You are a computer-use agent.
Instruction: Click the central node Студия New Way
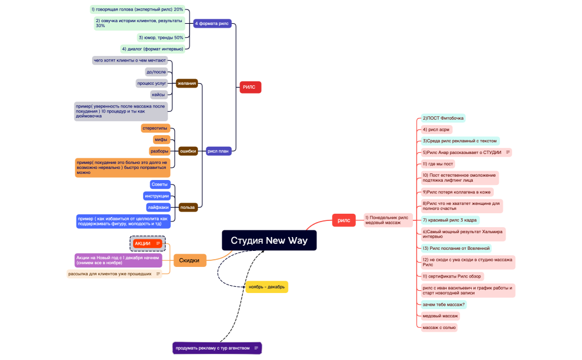[269, 240]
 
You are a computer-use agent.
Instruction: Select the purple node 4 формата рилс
[212, 24]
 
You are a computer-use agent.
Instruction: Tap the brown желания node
[187, 83]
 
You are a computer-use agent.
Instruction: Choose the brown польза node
[187, 207]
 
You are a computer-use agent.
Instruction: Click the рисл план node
[218, 151]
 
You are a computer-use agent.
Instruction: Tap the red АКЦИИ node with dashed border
[147, 243]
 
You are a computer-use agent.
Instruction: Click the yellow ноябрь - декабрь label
[267, 287]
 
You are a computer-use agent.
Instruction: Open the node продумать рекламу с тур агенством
[217, 348]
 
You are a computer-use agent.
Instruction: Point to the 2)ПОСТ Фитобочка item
[442, 118]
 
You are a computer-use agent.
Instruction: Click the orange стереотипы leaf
[155, 128]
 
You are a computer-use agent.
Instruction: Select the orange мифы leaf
[161, 140]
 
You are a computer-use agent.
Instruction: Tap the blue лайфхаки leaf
[158, 207]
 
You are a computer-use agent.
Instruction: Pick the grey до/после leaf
[156, 72]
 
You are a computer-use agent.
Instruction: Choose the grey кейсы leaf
[159, 95]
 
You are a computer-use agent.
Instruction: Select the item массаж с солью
[439, 327]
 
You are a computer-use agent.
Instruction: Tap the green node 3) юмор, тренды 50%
[161, 37]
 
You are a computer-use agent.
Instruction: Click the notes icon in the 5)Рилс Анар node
[508, 152]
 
